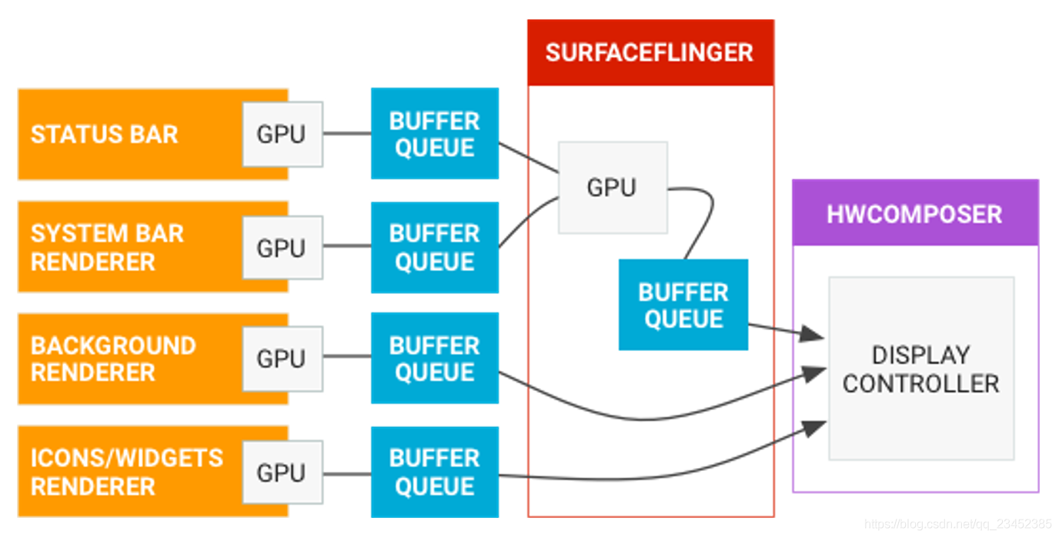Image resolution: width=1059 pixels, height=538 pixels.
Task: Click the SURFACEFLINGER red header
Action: tap(650, 52)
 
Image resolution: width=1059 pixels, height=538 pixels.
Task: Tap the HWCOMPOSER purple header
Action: tap(915, 212)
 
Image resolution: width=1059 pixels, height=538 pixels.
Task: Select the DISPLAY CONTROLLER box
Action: tap(921, 368)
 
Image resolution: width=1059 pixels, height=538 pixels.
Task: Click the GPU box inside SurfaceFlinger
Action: tap(613, 188)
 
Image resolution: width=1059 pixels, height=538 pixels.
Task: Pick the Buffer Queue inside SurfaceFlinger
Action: tap(683, 305)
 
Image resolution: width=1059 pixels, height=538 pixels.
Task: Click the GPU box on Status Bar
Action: tap(282, 134)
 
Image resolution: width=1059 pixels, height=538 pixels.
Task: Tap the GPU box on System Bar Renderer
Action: tap(282, 248)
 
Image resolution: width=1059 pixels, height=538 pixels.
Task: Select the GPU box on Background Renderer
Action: tap(282, 359)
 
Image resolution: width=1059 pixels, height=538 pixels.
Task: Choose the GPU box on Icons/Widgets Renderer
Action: tap(282, 473)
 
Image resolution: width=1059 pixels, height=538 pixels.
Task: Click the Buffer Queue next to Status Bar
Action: tap(435, 133)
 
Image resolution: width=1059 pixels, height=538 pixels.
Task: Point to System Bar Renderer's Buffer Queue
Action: tap(435, 248)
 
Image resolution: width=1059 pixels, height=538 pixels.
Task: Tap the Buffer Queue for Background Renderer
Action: tap(435, 358)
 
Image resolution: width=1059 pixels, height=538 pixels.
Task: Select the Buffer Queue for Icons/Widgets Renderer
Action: tap(435, 473)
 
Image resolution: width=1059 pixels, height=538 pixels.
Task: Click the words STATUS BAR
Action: tap(105, 134)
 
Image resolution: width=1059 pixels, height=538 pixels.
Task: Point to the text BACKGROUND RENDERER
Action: tap(113, 359)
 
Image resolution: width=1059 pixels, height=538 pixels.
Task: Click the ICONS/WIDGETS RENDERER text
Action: tap(127, 473)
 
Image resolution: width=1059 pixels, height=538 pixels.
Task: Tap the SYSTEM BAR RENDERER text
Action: tap(107, 247)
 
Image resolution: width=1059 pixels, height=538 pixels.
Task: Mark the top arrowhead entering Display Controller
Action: tap(811, 334)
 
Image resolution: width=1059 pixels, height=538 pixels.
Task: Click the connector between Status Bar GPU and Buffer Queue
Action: tap(347, 133)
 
